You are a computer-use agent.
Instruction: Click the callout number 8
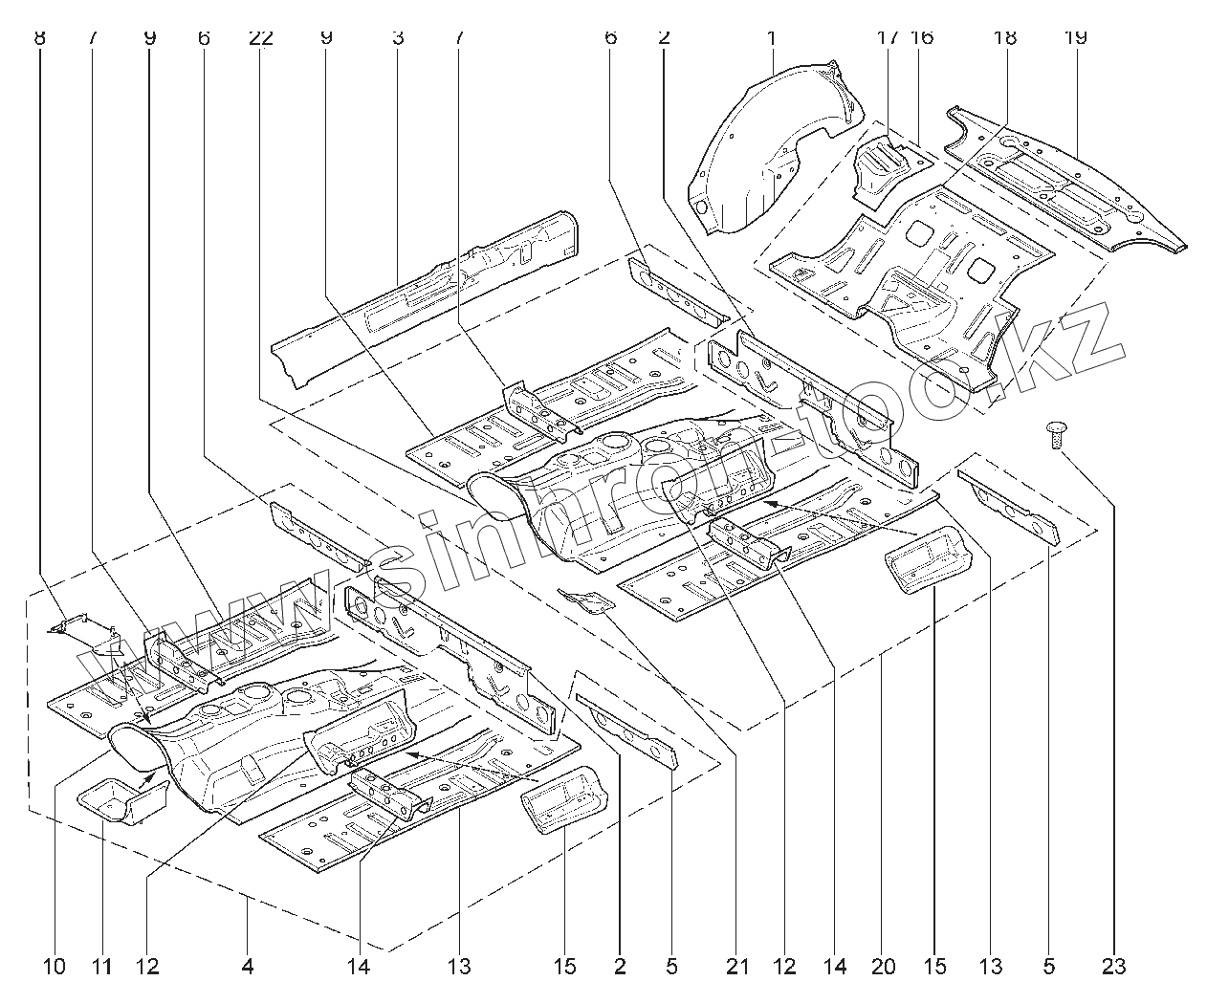pyautogui.click(x=38, y=38)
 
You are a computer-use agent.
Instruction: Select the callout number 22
pyautogui.click(x=260, y=38)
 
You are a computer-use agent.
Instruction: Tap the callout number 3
pyautogui.click(x=397, y=38)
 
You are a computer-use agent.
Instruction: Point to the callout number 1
pyautogui.click(x=770, y=38)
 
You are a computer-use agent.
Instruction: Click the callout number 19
pyautogui.click(x=1074, y=38)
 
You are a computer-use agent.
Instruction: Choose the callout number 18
pyautogui.click(x=1004, y=38)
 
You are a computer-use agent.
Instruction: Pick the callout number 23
pyautogui.click(x=1113, y=967)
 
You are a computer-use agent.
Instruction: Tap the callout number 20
pyautogui.click(x=883, y=967)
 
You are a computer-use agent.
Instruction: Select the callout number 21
pyautogui.click(x=736, y=967)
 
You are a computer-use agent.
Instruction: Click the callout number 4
pyautogui.click(x=247, y=967)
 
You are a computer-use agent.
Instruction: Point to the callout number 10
pyautogui.click(x=55, y=967)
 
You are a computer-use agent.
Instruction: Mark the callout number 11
pyautogui.click(x=101, y=967)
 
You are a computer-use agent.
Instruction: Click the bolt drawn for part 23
pyautogui.click(x=1056, y=436)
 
